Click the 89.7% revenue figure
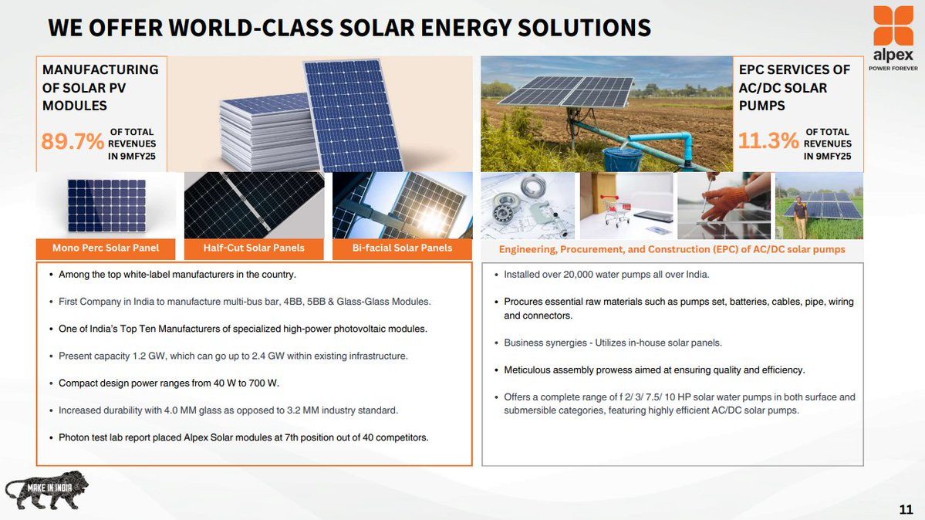click(x=72, y=142)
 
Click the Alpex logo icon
click(x=893, y=25)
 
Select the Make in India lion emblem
click(x=46, y=490)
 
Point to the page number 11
click(x=906, y=508)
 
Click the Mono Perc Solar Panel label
click(x=106, y=248)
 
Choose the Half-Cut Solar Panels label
click(x=254, y=248)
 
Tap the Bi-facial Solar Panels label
click(x=403, y=248)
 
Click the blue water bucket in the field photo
click(x=623, y=158)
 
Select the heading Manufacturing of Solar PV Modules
click(x=100, y=87)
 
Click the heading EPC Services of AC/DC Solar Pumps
click(x=794, y=87)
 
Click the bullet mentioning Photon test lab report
click(x=243, y=437)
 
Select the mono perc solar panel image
click(x=106, y=205)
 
